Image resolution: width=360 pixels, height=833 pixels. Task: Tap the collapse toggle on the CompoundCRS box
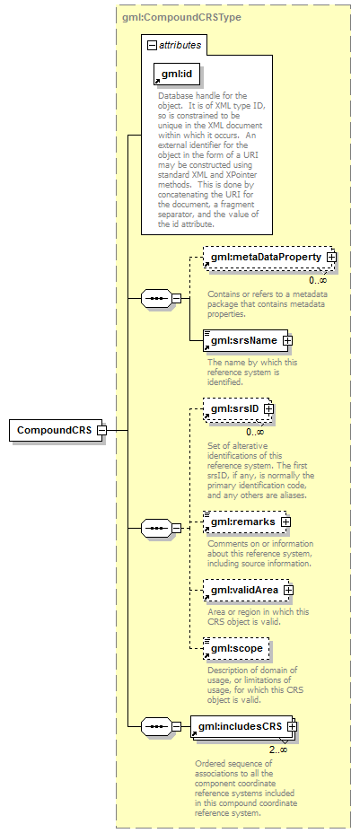point(101,430)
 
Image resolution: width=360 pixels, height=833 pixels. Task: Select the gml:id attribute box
point(177,75)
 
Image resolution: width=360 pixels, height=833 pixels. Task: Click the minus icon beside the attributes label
point(153,45)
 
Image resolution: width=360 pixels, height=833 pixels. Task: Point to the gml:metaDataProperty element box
point(269,257)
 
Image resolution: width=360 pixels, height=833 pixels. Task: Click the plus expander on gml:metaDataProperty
point(332,257)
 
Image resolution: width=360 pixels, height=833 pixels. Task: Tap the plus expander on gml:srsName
point(287,340)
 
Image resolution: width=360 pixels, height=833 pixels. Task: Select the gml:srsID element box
point(238,409)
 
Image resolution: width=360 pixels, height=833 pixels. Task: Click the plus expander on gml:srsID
point(268,409)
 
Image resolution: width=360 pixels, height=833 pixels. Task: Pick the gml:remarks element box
point(247,522)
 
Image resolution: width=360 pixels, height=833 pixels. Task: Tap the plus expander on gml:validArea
point(289,591)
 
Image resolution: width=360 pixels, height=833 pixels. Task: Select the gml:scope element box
point(236,649)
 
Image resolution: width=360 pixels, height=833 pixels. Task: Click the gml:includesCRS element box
point(243,726)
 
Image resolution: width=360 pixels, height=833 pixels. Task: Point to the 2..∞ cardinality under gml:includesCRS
point(277,750)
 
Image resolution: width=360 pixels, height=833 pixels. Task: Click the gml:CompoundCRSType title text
point(181,18)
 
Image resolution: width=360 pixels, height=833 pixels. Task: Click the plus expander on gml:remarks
point(285,522)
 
